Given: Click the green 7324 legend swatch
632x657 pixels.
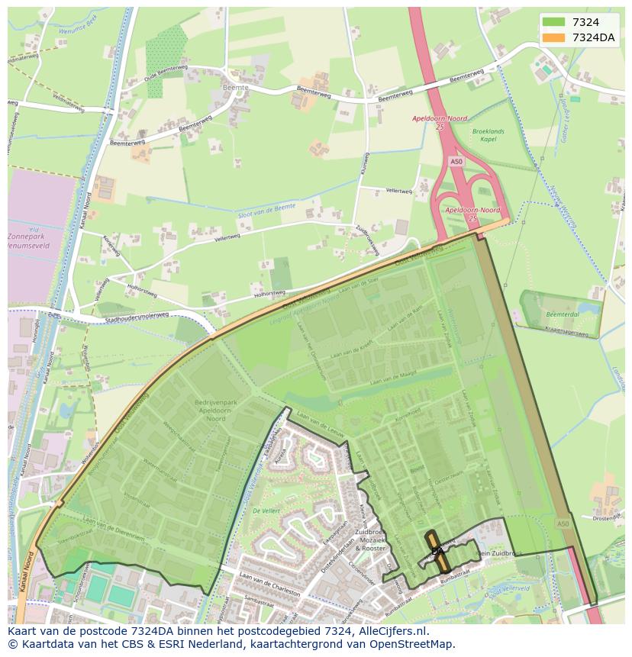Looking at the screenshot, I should coord(554,23).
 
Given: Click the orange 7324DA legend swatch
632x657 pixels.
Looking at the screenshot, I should coord(554,37).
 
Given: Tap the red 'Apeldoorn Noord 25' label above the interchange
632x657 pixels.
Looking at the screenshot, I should coord(440,122).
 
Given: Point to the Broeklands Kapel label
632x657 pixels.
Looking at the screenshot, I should coord(488,136).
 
